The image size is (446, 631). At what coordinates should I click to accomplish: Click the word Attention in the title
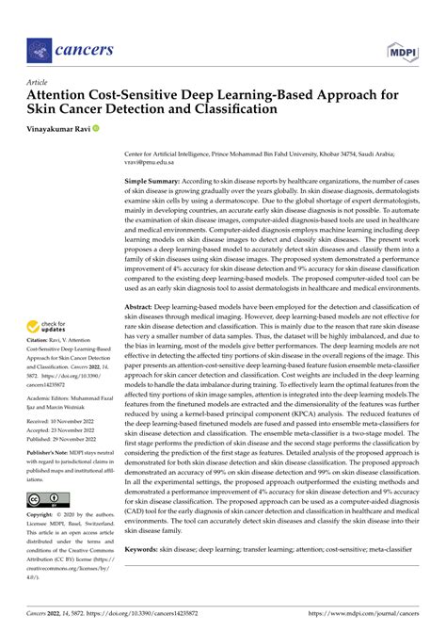pyautogui.click(x=66, y=96)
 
